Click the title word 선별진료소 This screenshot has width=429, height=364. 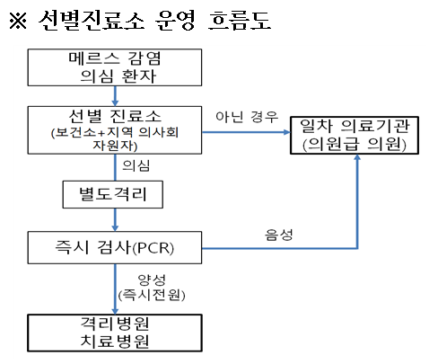92,21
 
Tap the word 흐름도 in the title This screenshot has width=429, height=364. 240,21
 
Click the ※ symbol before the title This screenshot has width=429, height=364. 18,21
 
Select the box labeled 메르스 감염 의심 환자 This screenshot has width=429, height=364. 115,67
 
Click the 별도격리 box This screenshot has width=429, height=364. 113,194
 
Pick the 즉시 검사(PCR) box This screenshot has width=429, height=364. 115,247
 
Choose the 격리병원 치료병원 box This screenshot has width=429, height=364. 115,333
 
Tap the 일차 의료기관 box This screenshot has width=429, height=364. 355,136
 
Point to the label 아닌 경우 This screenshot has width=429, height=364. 247,117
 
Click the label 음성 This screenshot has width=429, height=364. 279,235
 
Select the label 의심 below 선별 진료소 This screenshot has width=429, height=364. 136,165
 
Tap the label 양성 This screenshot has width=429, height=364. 152,280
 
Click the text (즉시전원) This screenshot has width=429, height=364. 152,295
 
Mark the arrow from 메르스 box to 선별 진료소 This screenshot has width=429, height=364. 115,96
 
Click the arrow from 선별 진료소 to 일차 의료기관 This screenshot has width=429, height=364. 246,132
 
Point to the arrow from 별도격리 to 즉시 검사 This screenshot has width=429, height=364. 115,219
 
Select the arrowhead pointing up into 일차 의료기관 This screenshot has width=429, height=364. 357,157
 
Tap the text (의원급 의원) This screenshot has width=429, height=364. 355,145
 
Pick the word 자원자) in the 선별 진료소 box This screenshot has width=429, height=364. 115,146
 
